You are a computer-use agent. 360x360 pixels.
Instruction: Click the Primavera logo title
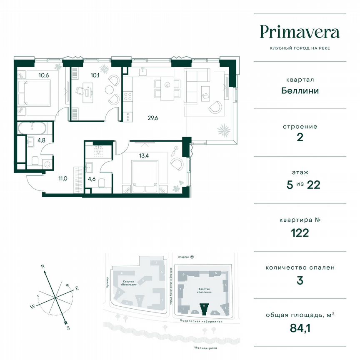(300, 32)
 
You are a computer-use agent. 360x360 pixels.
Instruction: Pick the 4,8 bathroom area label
(41, 140)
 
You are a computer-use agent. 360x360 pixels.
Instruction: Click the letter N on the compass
(42, 265)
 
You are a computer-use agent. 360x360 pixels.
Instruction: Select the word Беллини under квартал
(300, 90)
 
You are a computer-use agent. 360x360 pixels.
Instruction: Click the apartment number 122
(300, 232)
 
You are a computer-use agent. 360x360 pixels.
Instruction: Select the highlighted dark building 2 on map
(204, 308)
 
